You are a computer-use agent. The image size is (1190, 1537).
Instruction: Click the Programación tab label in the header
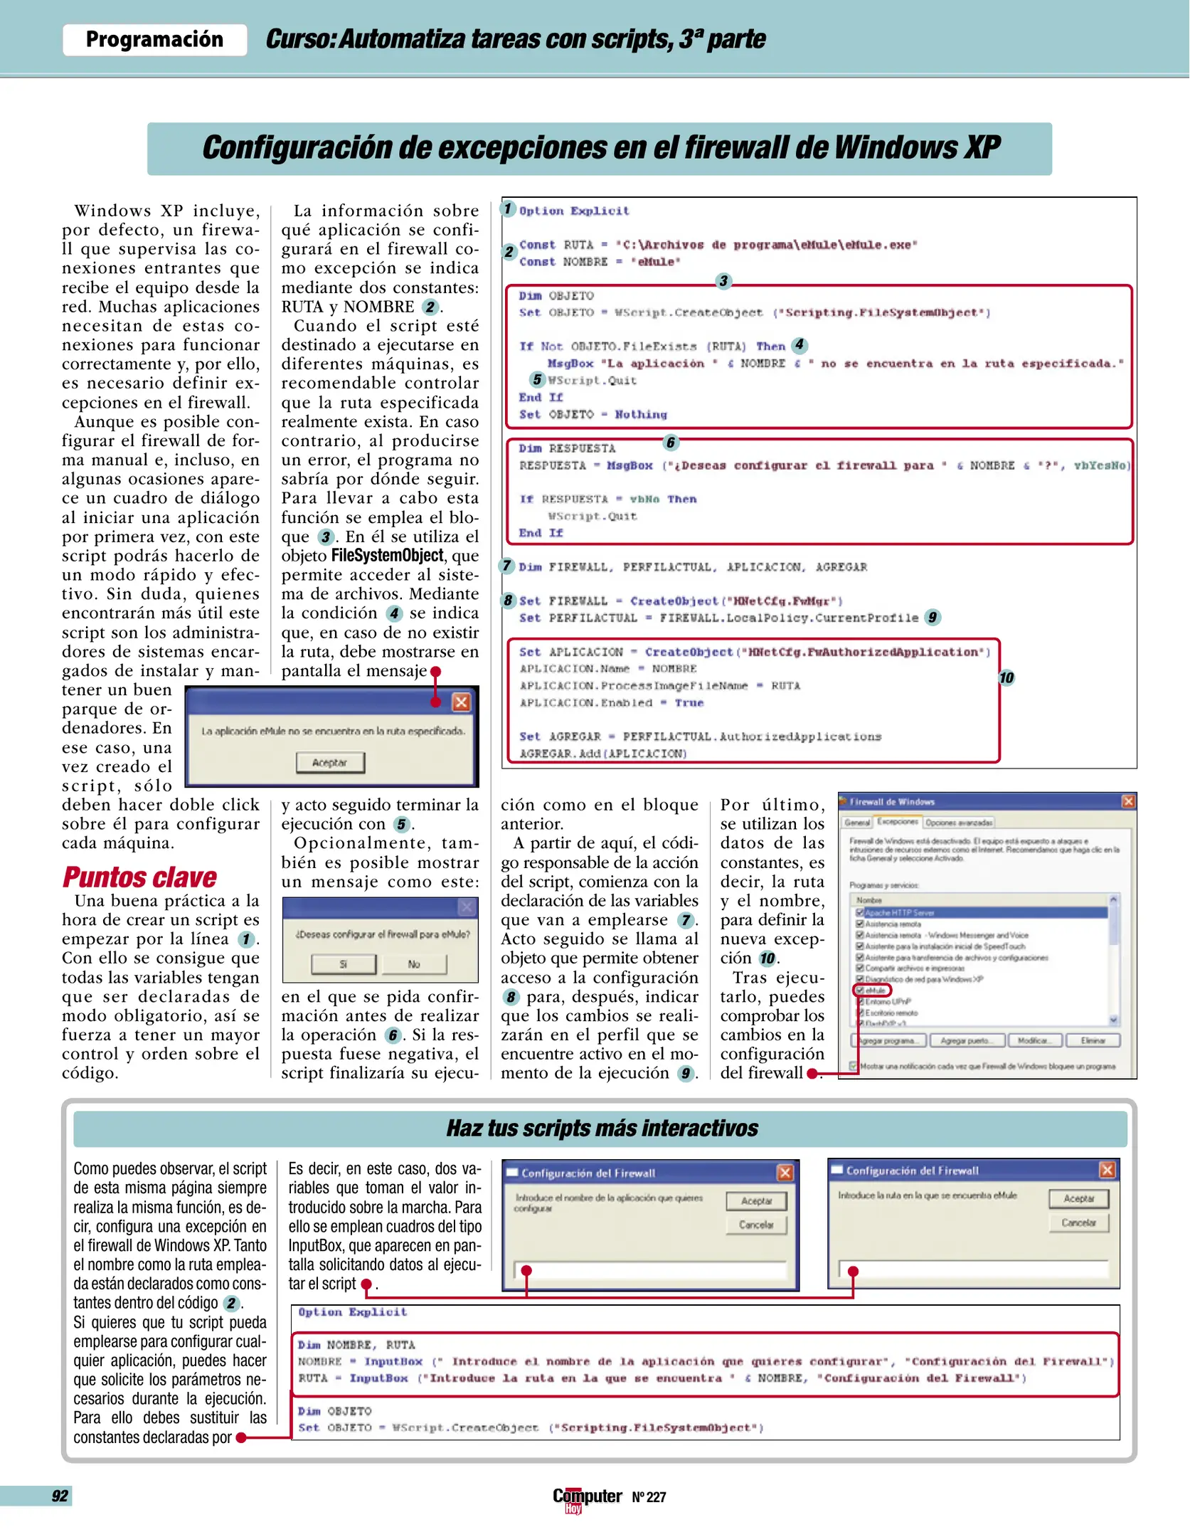click(x=154, y=40)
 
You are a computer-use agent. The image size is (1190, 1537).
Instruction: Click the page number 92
click(x=60, y=1496)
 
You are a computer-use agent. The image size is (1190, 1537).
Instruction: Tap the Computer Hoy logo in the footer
click(x=587, y=1498)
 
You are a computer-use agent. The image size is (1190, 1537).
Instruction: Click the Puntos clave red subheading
click(x=139, y=877)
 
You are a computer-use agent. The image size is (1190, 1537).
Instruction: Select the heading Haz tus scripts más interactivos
click(x=602, y=1129)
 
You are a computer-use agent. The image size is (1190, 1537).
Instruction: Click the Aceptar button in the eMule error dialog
click(x=330, y=763)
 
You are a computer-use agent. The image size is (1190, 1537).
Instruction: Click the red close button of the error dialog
click(x=461, y=702)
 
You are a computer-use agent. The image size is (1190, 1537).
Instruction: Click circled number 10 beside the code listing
click(x=1006, y=677)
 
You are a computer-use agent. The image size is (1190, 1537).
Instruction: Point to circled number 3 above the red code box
click(x=723, y=281)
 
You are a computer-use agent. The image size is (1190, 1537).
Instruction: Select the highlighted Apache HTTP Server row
click(x=982, y=912)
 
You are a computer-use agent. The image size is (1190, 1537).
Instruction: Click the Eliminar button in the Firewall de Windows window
click(x=1093, y=1041)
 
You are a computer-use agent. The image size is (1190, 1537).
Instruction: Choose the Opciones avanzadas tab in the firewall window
click(x=959, y=823)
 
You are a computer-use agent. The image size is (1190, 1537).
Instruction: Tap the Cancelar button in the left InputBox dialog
click(x=756, y=1225)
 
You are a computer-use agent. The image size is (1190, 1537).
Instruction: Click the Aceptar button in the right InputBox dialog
click(x=1078, y=1199)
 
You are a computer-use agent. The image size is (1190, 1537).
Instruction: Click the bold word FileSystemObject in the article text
click(x=388, y=556)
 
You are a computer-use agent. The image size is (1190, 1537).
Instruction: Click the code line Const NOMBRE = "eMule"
click(x=600, y=262)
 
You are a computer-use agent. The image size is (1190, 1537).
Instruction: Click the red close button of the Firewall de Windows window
click(x=1128, y=802)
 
